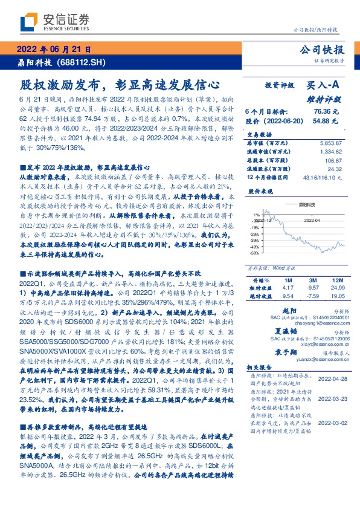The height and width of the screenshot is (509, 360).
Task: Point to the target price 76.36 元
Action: pos(329,112)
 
